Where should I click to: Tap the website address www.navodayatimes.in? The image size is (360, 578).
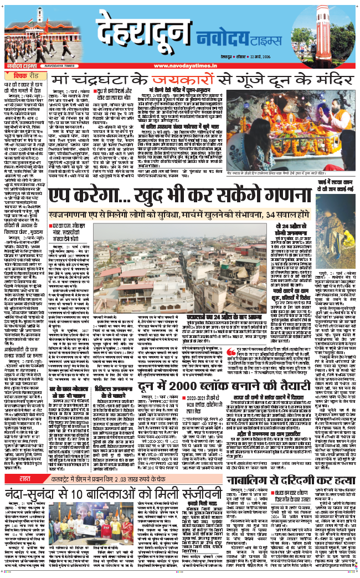tap(180, 67)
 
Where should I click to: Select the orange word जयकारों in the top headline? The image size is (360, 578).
tap(173, 81)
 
